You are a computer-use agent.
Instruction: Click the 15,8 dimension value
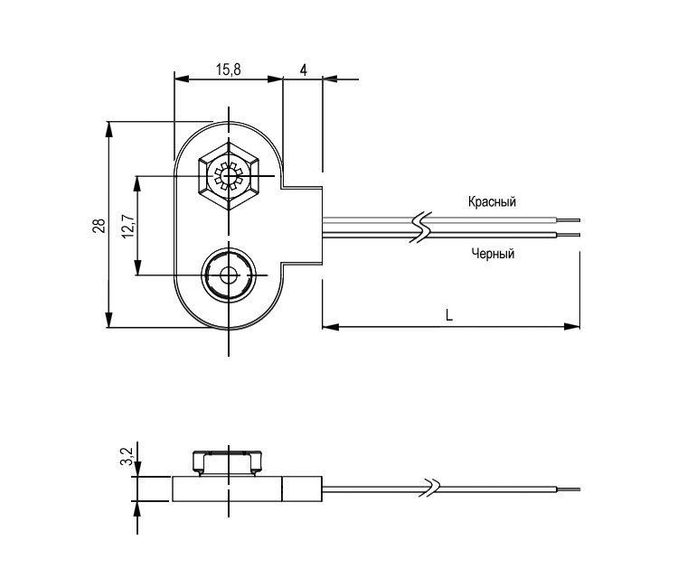[228, 70]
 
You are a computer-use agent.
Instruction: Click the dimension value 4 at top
[303, 70]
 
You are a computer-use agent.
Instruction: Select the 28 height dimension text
[99, 225]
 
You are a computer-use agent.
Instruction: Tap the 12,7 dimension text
[127, 225]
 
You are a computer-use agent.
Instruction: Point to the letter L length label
[449, 314]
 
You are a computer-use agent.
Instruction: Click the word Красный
[492, 201]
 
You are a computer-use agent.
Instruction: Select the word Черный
[493, 254]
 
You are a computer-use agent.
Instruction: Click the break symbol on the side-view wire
[432, 488]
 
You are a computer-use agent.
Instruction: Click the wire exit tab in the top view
[303, 225]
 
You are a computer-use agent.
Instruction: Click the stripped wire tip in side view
[569, 489]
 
